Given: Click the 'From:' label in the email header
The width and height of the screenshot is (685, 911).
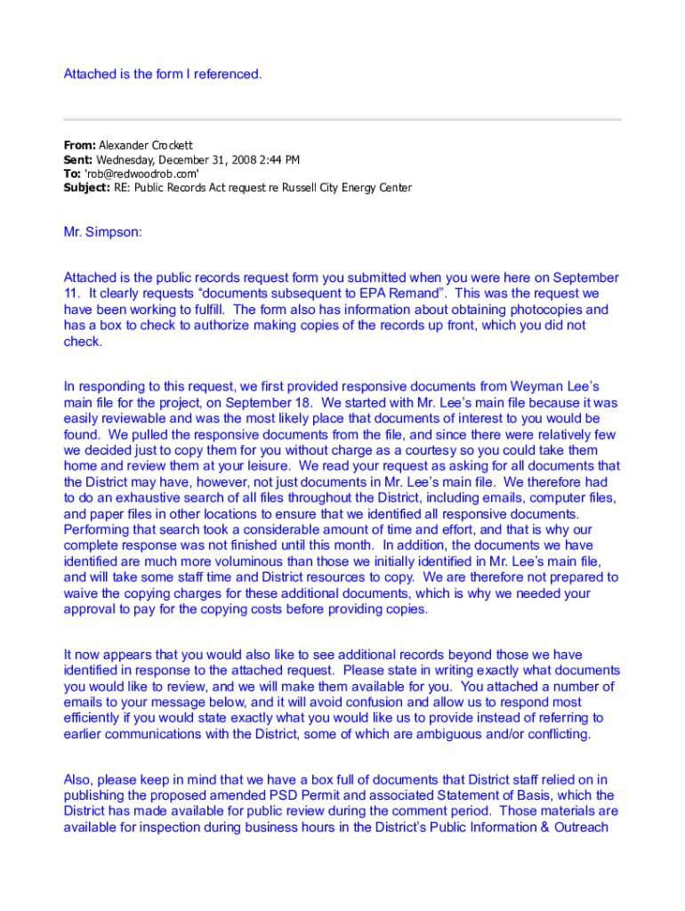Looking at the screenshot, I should (x=79, y=145).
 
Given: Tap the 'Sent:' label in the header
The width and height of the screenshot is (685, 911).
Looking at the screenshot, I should (x=78, y=160).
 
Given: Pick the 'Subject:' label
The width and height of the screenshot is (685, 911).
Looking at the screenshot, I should (x=86, y=189).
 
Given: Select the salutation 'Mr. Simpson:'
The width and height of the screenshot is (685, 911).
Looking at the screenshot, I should (x=102, y=232).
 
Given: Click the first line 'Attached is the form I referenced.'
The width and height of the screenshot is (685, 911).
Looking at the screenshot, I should (x=163, y=74).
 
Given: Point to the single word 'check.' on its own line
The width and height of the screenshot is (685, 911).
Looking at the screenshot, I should (x=83, y=342).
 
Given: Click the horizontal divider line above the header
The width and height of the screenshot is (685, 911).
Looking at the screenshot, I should (x=342, y=119).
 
